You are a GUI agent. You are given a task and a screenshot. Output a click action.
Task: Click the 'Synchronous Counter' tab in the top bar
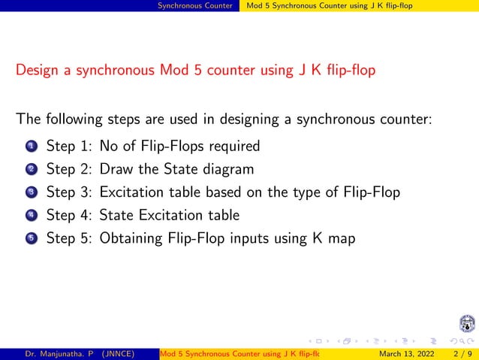200,6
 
